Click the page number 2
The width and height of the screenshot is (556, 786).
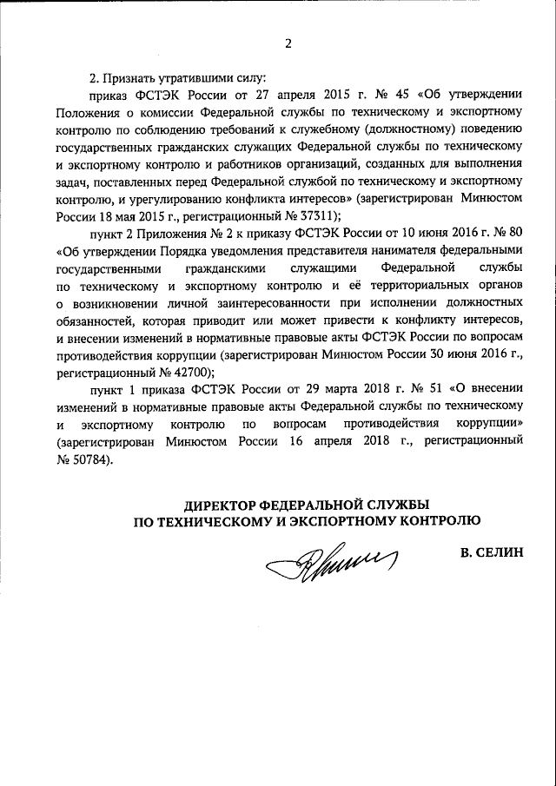pos(288,46)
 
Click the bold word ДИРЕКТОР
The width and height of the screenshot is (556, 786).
pos(227,505)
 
